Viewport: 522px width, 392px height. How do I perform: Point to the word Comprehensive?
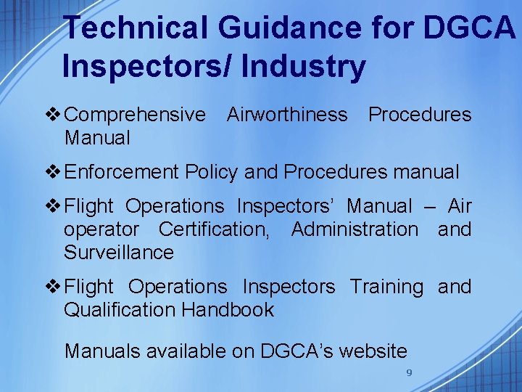click(135, 115)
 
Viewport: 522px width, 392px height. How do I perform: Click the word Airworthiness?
click(286, 115)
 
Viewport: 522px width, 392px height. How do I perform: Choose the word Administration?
click(355, 229)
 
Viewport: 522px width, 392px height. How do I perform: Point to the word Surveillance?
click(119, 253)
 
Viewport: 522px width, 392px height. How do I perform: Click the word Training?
click(386, 287)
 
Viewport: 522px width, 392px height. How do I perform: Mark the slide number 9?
click(409, 372)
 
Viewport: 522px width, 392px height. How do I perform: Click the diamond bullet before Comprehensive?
click(54, 115)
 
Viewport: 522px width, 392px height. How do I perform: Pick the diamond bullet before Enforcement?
click(54, 172)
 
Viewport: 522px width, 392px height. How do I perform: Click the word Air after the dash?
click(460, 207)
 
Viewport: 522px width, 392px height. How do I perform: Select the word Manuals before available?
click(102, 351)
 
